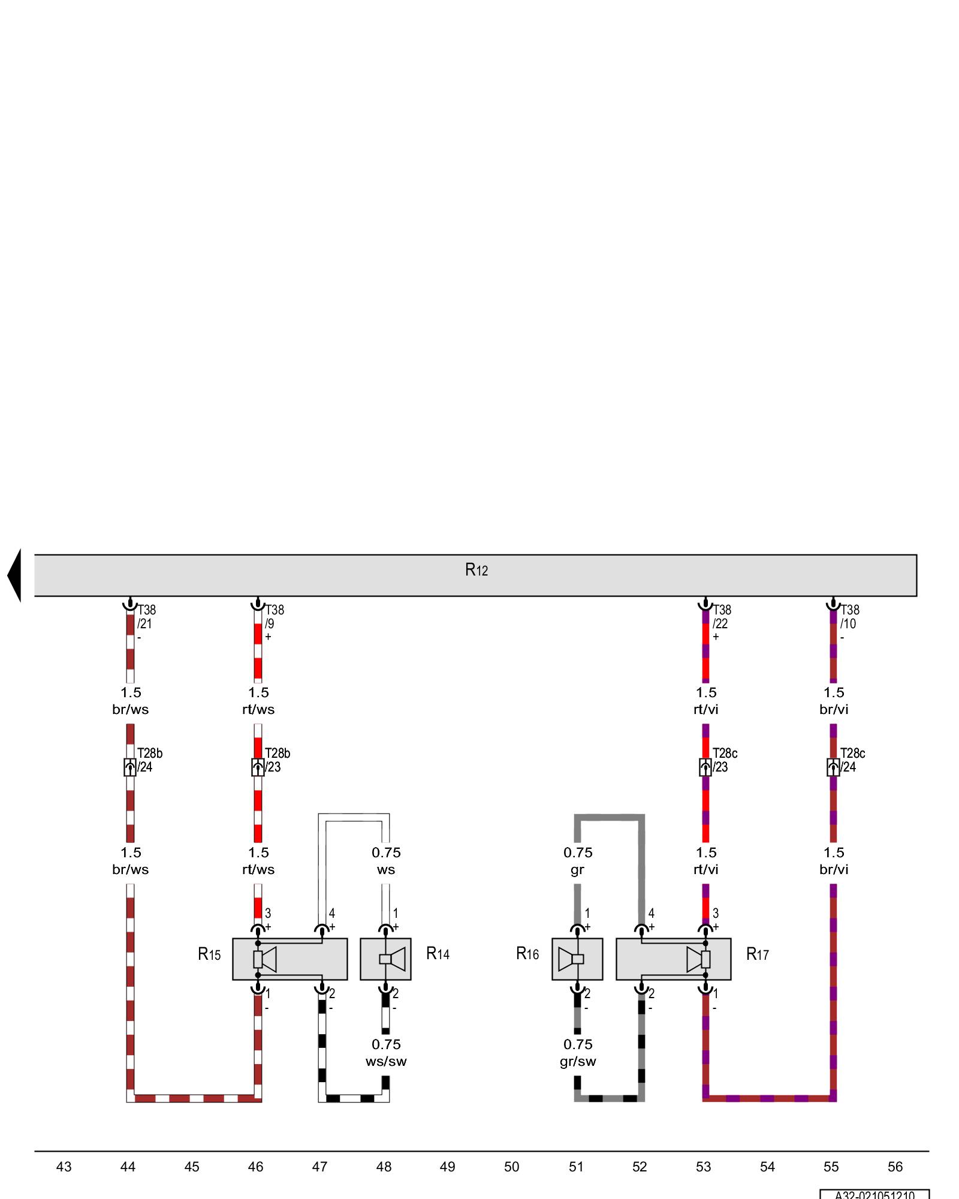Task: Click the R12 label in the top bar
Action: tap(477, 570)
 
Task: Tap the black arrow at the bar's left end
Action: tap(14, 575)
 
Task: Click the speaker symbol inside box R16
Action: tap(571, 959)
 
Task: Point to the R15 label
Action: tap(209, 954)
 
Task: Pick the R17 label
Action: tap(757, 954)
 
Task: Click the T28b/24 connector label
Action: tap(149, 760)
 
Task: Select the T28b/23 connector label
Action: tap(277, 760)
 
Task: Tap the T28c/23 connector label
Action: tap(724, 760)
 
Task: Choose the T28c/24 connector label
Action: tap(852, 760)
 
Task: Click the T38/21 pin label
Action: tap(146, 617)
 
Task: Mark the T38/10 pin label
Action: tap(849, 617)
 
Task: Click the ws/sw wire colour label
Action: tap(386, 1061)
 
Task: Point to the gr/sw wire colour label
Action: tap(578, 1061)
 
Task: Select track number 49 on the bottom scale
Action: tap(447, 1167)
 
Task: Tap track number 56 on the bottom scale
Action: tap(895, 1167)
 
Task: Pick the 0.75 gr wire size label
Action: tap(578, 860)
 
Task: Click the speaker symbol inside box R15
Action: tap(265, 959)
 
